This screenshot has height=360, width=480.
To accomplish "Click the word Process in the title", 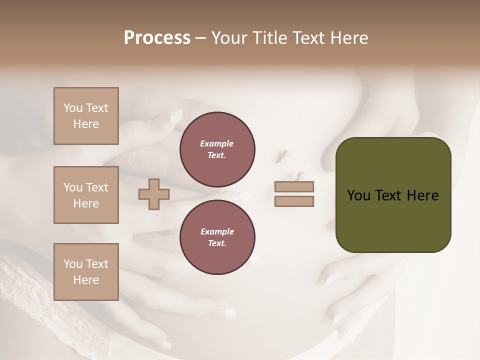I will pos(157,38).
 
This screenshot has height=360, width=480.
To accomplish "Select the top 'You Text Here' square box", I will pos(86,116).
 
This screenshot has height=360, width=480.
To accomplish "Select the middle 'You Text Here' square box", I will pos(86,195).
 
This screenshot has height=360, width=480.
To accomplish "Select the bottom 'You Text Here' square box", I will pos(86,271).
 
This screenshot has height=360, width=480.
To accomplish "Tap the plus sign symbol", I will pos(154,194).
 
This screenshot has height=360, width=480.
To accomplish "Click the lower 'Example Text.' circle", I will pos(217,237).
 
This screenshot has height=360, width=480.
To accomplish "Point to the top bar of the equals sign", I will pos(294,186).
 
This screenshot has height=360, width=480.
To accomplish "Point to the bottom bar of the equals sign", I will pos(294,201).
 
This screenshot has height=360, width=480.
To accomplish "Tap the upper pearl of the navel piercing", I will pos(286,153).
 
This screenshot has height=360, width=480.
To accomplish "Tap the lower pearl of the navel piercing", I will pos(300,175).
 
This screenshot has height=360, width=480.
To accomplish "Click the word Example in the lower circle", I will pos(217,231).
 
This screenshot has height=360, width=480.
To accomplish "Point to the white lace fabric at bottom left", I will pos(30,300).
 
